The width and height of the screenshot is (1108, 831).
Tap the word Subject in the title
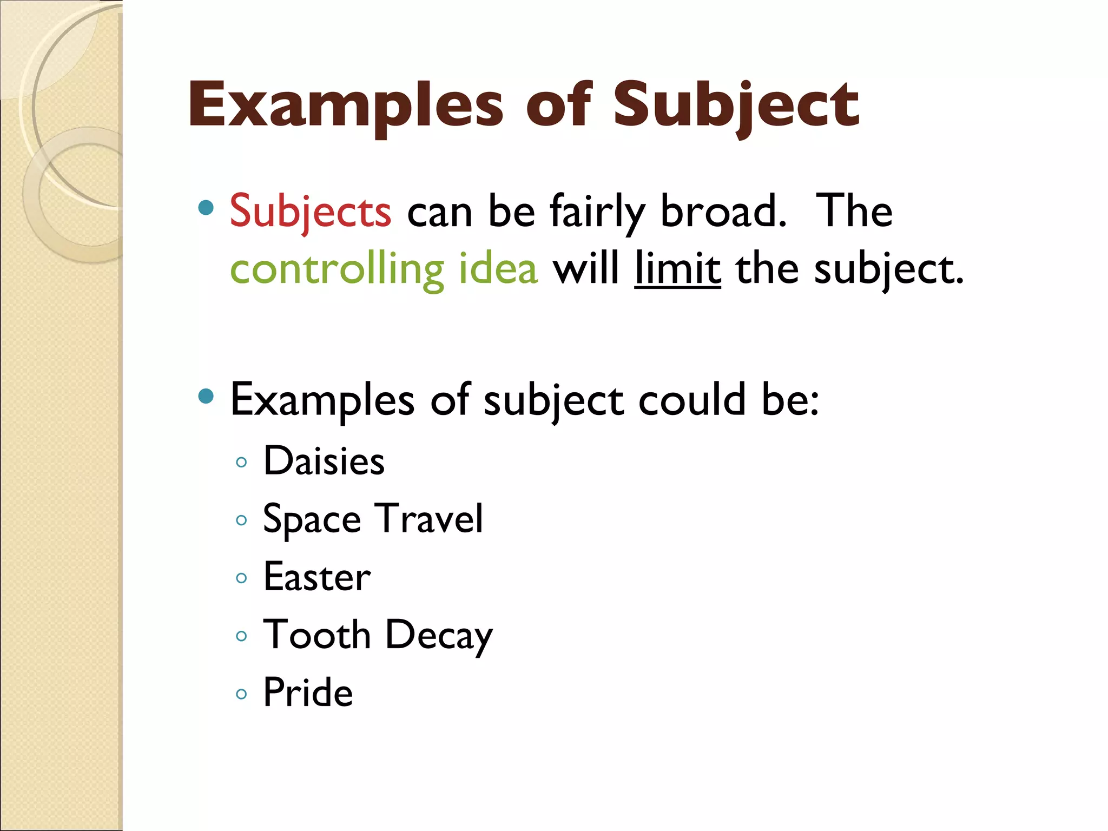[x=736, y=105]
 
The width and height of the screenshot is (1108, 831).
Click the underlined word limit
[x=677, y=269]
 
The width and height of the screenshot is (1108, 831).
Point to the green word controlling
[x=337, y=269]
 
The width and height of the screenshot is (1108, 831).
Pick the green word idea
[x=498, y=269]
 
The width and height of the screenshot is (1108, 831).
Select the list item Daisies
[x=324, y=461]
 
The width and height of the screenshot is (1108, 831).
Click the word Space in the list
[x=312, y=519]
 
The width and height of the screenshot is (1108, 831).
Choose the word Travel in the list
[x=428, y=519]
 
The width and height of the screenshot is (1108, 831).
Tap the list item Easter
[x=317, y=577]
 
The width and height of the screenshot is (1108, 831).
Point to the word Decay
[x=439, y=636]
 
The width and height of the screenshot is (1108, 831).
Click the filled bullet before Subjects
[x=206, y=208]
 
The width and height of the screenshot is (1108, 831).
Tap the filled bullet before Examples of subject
[x=206, y=397]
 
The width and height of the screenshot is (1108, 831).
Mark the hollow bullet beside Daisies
[x=242, y=463]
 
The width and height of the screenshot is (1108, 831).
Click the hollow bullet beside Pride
[x=242, y=694]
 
